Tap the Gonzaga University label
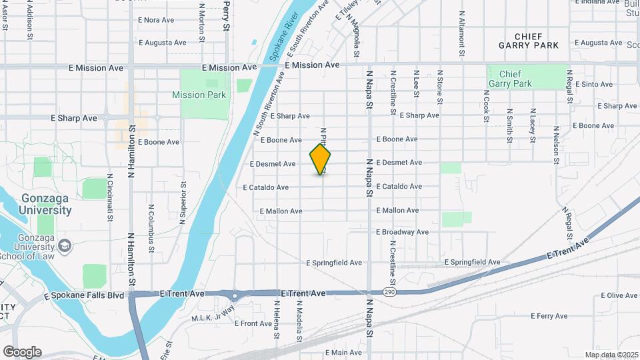click(x=46, y=204)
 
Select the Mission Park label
click(x=199, y=95)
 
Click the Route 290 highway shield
click(x=390, y=293)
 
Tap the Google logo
click(x=22, y=352)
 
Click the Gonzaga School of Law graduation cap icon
click(x=65, y=246)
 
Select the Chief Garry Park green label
click(x=510, y=79)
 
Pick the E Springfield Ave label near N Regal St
click(x=471, y=262)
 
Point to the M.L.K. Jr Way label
click(x=213, y=313)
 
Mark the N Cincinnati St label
click(x=109, y=198)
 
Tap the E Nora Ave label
click(x=156, y=20)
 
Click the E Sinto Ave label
click(x=593, y=84)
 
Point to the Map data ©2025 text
click(x=611, y=355)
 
